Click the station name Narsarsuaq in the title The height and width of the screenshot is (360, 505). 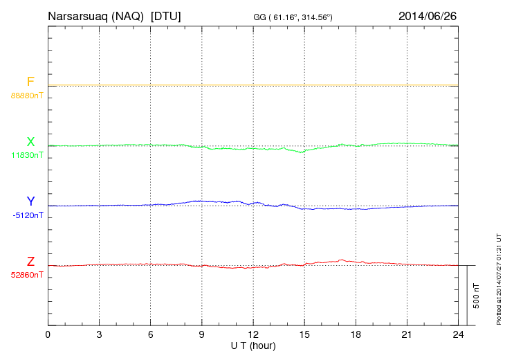coord(76,15)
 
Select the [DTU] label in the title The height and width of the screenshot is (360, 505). coord(166,15)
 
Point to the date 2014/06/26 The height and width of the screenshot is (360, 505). coord(428,15)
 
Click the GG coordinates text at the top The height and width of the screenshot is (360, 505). coord(293,17)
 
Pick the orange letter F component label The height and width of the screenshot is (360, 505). coord(30,82)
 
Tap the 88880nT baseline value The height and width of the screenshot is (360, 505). coord(27,96)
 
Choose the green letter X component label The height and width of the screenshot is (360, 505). coord(30,143)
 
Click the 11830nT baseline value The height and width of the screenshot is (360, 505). coord(27,155)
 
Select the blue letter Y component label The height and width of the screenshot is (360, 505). coord(30,202)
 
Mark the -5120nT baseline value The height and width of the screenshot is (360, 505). coord(28,215)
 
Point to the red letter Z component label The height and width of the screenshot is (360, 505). coord(30,262)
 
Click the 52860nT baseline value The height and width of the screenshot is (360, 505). coord(27,275)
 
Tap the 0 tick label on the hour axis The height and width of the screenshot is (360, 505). coord(48,335)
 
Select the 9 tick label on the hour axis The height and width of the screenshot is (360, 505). coord(202,335)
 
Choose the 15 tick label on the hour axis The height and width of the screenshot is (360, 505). coord(304,335)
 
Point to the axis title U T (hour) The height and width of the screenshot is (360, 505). coord(252,345)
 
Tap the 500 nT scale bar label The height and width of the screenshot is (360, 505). coord(477,296)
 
